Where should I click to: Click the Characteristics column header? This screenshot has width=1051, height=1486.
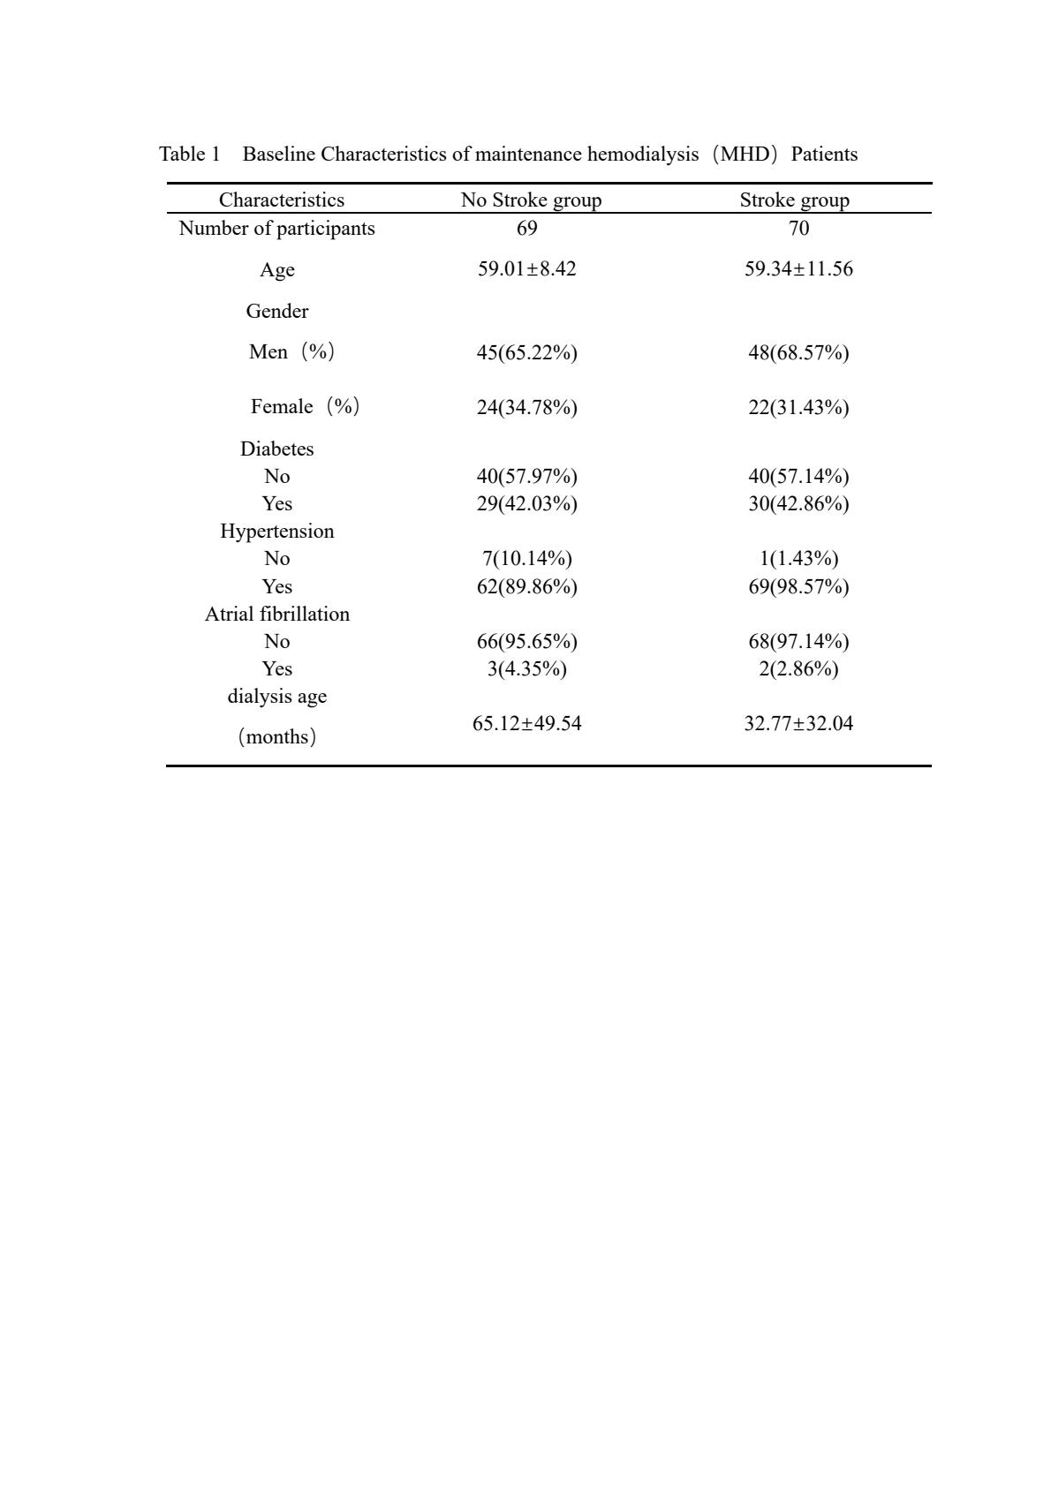pos(281,200)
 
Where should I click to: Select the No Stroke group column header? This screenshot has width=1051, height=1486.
pos(531,200)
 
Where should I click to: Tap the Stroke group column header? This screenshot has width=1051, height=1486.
pos(794,200)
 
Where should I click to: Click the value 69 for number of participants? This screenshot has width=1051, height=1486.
pos(526,228)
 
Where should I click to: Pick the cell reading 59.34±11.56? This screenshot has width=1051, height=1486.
pos(798,268)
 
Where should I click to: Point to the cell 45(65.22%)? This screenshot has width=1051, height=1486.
pos(526,352)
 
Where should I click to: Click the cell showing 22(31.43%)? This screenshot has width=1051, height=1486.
pos(798,407)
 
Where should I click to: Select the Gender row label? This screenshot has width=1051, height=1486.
pos(276,311)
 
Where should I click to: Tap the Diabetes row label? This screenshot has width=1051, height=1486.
pos(276,449)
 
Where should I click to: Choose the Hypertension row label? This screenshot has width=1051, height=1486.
pos(276,531)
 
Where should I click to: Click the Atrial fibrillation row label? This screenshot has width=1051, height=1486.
pos(276,614)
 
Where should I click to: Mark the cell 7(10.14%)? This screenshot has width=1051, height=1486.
pos(526,558)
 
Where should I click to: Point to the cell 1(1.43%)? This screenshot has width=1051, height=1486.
pos(798,558)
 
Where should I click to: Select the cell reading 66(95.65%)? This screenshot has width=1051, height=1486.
pos(526,641)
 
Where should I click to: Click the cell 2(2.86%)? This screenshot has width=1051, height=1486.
pos(798,668)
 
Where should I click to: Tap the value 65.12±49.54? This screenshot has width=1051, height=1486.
pos(526,723)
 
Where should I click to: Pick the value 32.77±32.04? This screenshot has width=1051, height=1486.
pos(798,723)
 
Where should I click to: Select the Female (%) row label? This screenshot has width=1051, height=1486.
pos(305,406)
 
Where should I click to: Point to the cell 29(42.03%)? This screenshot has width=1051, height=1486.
pos(526,503)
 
